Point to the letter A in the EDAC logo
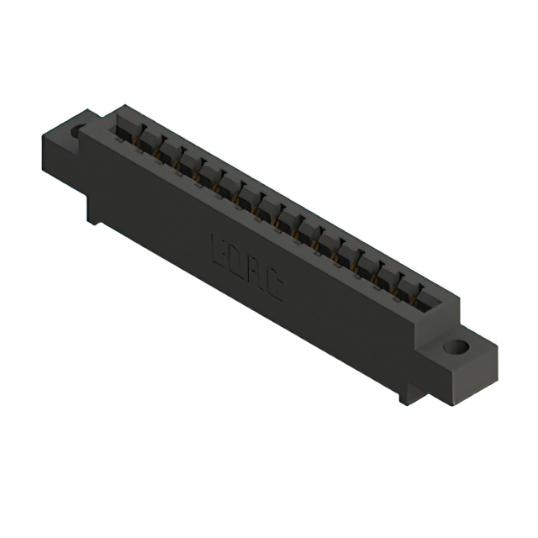pos(256,275)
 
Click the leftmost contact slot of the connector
pos(126,126)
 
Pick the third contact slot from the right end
pos(389,273)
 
